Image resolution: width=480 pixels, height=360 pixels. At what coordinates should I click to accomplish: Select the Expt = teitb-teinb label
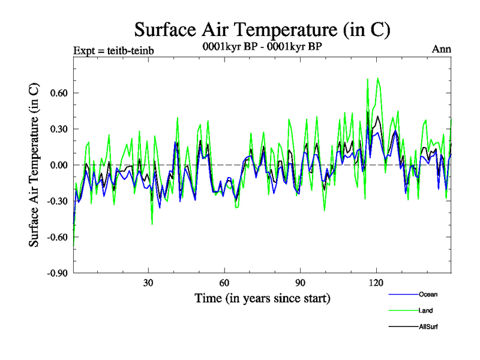coord(113,50)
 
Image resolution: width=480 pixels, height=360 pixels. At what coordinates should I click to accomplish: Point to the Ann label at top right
coord(442,49)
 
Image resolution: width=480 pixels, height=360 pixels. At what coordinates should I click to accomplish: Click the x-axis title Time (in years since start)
coord(262,298)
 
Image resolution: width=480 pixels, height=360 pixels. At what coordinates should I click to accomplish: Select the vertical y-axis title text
coord(35,165)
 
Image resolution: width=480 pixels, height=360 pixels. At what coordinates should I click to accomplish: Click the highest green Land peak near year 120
coord(377,78)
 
